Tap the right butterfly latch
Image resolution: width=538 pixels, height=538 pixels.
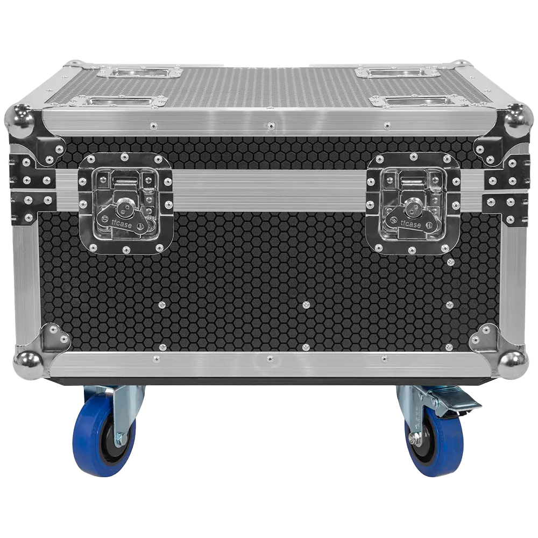coord(413,201)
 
